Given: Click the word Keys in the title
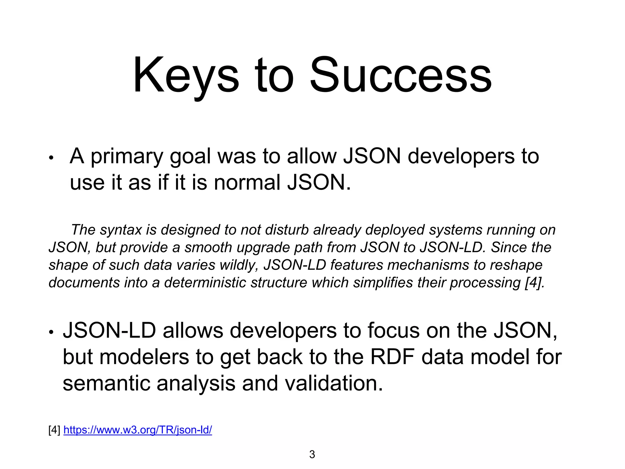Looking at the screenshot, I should (186, 76).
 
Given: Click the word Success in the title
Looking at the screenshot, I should (400, 76).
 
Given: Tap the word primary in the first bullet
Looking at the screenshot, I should (127, 157).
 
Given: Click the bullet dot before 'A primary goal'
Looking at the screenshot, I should (51, 158).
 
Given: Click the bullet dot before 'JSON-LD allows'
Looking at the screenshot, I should (51, 332).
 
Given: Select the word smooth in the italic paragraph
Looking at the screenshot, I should (208, 247).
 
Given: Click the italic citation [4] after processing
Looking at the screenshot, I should (534, 283).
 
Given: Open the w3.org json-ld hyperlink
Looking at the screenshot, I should (138, 430).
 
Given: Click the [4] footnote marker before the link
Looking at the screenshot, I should (54, 430).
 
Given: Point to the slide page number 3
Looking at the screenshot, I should (312, 454).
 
